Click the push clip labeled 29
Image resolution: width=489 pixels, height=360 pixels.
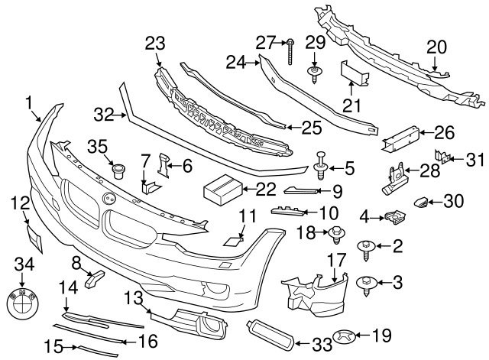(x=313, y=74)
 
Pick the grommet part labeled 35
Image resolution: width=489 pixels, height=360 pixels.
(x=118, y=169)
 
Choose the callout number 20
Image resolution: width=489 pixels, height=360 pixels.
(x=436, y=47)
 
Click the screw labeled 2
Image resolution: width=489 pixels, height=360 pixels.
(x=366, y=247)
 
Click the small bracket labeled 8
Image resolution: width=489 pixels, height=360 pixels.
(x=93, y=280)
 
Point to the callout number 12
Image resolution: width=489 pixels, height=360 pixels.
(x=20, y=203)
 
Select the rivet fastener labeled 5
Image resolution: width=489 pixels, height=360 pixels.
(x=322, y=164)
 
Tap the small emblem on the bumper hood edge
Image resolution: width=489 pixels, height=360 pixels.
(x=108, y=199)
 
